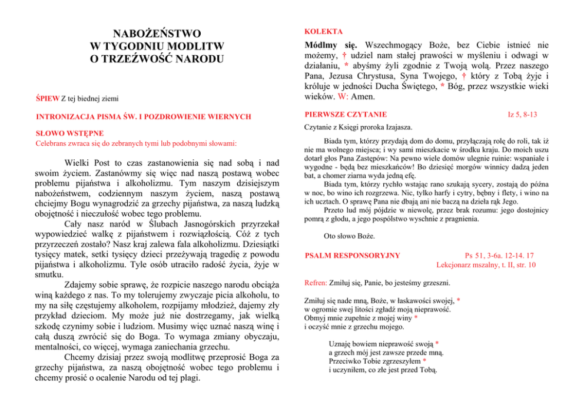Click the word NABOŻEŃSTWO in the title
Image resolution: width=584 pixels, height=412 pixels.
[157, 33]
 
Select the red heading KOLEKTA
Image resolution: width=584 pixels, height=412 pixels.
[324, 31]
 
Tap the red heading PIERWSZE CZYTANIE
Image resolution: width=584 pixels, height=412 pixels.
[346, 114]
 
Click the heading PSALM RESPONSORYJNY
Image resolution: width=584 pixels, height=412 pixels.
[353, 255]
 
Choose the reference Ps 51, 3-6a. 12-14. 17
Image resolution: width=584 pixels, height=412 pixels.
[499, 255]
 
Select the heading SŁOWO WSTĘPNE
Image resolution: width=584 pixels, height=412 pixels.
[69, 133]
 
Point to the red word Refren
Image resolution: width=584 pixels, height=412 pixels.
[317, 283]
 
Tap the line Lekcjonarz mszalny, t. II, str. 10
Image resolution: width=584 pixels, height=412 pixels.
[486, 265]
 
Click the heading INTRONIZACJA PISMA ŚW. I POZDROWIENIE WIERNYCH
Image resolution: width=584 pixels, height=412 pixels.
[144, 117]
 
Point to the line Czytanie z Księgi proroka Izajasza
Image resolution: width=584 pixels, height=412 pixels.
[359, 127]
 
